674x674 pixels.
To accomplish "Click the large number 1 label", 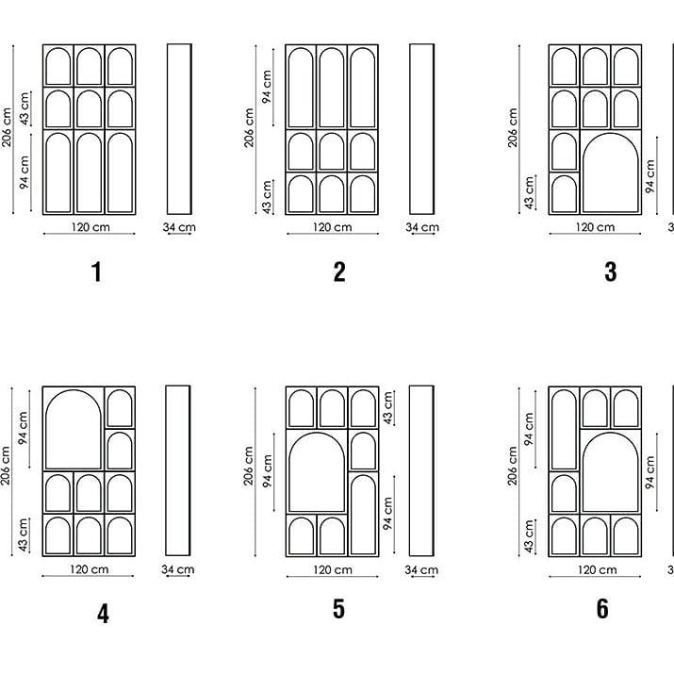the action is (97, 271).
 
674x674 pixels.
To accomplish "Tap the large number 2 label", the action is (339, 271).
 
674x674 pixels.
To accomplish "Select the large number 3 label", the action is (611, 271).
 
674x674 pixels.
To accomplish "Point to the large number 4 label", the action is (103, 614).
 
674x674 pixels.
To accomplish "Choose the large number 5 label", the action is (338, 609).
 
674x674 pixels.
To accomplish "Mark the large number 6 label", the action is (602, 609).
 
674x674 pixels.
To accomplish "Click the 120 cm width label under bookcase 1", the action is (90, 226).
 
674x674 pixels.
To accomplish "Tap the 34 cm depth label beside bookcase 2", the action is (422, 227).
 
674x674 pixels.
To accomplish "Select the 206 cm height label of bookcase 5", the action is (249, 466).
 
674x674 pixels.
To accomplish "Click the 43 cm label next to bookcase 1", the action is (25, 108).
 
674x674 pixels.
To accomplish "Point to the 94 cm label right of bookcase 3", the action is (649, 176).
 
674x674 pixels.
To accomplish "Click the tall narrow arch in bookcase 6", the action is (552, 430).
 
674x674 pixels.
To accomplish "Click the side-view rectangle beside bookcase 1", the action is (179, 128).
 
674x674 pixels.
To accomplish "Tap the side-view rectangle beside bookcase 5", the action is (421, 470).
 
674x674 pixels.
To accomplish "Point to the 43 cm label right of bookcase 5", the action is (387, 407).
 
